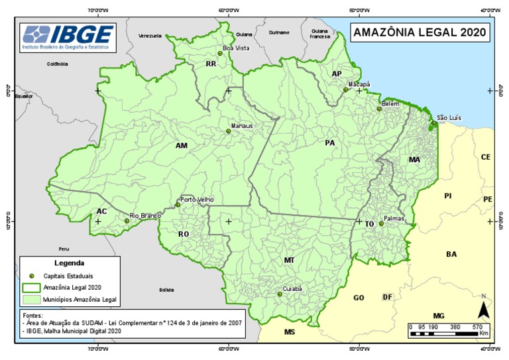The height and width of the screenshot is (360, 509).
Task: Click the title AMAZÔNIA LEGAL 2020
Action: tap(420, 32)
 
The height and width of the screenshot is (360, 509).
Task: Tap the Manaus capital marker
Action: tap(228, 131)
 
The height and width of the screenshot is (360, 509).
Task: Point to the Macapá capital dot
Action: tap(345, 90)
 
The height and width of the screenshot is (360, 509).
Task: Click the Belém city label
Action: tap(391, 104)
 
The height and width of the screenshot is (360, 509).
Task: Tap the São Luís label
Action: tap(449, 118)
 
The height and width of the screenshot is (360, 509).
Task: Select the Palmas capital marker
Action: tap(381, 223)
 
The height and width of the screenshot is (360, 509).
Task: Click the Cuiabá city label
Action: tap(292, 289)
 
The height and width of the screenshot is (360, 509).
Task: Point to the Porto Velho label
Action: tap(198, 200)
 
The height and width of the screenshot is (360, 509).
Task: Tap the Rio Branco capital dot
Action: tap(127, 221)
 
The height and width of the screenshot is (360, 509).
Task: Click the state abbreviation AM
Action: tap(182, 145)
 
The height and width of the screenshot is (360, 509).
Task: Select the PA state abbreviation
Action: tap(330, 143)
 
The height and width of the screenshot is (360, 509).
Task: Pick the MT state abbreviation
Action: tap(289, 261)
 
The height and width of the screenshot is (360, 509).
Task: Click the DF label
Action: tap(388, 297)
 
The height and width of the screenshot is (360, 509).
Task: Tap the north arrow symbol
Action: tap(484, 308)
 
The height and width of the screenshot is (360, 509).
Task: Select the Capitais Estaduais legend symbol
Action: tap(31, 275)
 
